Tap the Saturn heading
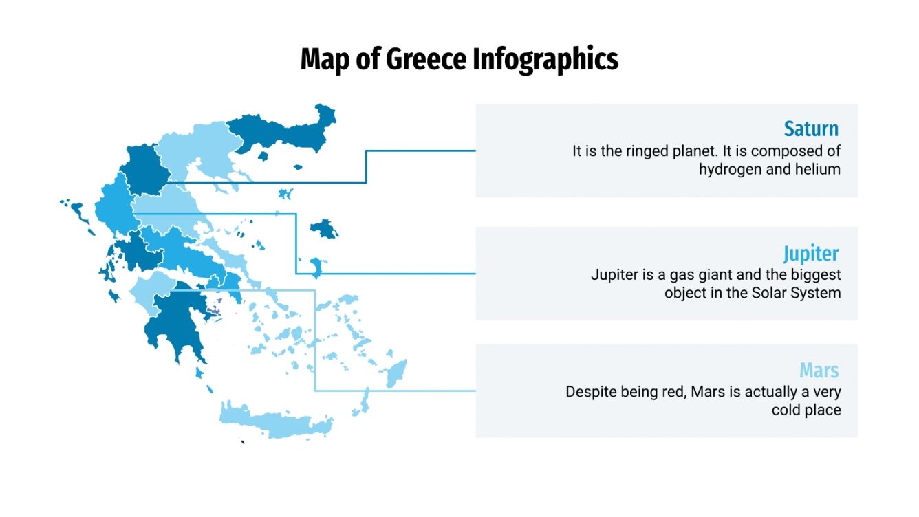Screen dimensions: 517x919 point(811,129)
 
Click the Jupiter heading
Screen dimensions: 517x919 point(811,253)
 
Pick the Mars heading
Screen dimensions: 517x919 point(819,371)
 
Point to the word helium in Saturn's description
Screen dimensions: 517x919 point(820,169)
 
